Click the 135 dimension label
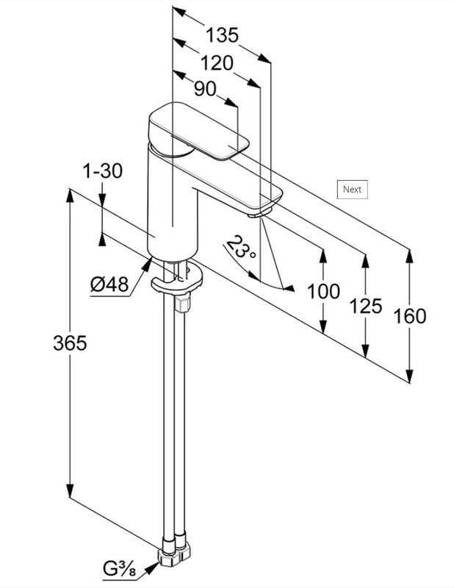point(222,35)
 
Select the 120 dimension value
point(217,62)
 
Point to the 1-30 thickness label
point(103,171)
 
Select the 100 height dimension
point(323,291)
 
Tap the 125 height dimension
point(366,304)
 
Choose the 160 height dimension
point(409,316)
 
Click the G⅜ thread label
point(120,568)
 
